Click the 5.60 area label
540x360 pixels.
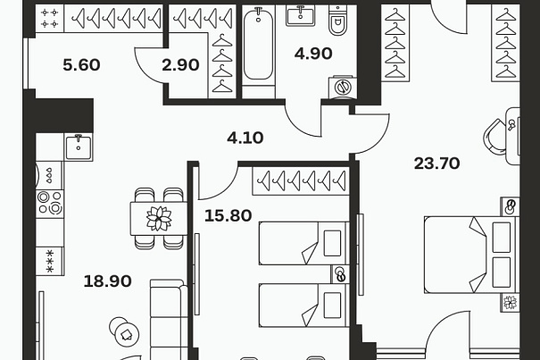tap(81, 65)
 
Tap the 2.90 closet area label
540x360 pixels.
tap(180, 65)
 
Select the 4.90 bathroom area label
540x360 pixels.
tap(313, 54)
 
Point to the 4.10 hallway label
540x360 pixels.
tap(245, 138)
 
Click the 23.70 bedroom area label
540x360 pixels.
tap(436, 163)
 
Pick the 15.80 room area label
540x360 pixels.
tap(228, 215)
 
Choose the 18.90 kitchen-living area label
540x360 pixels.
tap(107, 281)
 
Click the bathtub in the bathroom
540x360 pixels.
tap(259, 44)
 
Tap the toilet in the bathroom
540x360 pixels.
tap(337, 21)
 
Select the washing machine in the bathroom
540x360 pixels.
tap(343, 88)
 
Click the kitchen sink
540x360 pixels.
tap(79, 147)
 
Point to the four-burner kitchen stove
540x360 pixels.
tap(50, 204)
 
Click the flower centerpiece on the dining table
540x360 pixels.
tap(159, 219)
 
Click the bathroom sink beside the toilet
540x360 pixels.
tap(300, 15)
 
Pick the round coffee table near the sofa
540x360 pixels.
tap(124, 333)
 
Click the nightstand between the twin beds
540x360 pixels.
tap(340, 274)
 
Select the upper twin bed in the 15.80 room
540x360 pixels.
tap(303, 244)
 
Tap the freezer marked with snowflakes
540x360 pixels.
tap(50, 261)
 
